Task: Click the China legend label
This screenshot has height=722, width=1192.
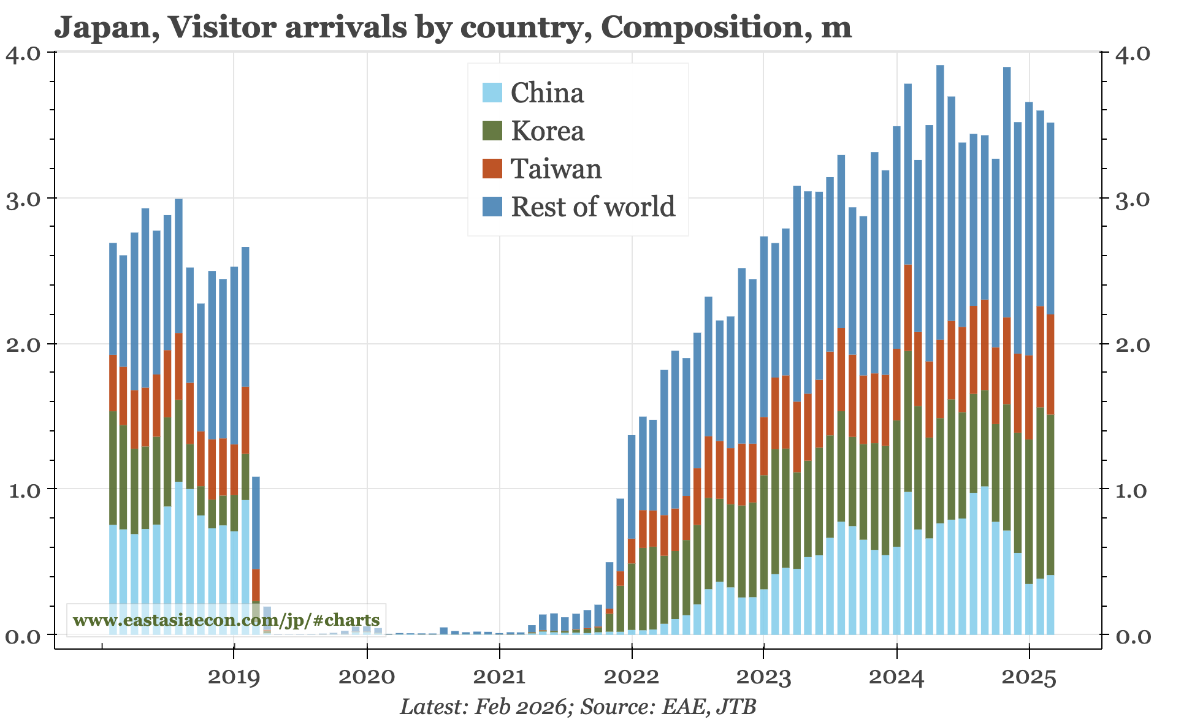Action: pos(547,93)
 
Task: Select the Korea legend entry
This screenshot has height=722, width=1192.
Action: pos(548,131)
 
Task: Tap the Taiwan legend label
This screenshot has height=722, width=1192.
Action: pos(556,169)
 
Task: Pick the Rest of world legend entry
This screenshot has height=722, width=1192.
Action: pos(593,207)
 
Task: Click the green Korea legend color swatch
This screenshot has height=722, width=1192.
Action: pos(492,131)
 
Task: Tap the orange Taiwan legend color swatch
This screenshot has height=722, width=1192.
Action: pos(492,169)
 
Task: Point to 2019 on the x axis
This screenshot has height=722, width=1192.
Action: pos(234,677)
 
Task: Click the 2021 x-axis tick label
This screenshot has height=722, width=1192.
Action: pos(499,677)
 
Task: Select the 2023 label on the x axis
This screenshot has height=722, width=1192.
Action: pos(764,677)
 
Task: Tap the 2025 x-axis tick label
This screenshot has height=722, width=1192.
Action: pos(1029,677)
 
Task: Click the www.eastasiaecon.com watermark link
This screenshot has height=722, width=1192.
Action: pos(226,620)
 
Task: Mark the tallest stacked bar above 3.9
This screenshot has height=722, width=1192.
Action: pos(940,306)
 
